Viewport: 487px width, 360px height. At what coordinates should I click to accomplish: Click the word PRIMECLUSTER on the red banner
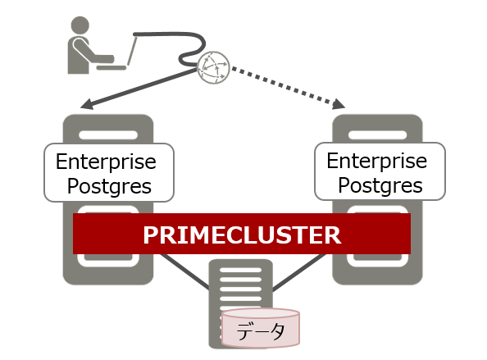(242, 235)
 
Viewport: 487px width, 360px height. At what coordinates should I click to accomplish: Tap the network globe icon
(214, 67)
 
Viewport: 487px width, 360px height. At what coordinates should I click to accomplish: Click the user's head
(80, 25)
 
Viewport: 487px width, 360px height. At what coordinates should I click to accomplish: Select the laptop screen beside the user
(132, 51)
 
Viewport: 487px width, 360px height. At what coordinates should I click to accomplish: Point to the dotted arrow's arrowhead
(339, 104)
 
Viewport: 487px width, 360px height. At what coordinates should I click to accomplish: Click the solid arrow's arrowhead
(87, 104)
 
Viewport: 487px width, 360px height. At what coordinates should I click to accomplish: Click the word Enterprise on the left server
(106, 162)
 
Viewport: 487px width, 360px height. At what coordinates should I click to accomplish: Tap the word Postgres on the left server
(109, 186)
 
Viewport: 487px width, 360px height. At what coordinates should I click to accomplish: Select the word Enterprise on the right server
(377, 161)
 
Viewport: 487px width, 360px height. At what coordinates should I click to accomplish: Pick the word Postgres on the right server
(380, 185)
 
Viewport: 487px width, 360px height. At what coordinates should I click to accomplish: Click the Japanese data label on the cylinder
(260, 331)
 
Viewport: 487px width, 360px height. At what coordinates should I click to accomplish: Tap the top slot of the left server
(108, 135)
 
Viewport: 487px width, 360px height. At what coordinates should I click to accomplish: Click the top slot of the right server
(377, 135)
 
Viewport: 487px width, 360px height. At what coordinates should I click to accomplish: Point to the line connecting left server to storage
(184, 271)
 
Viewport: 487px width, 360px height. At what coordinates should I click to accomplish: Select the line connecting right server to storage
(299, 272)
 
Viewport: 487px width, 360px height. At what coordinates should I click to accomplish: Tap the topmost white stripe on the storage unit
(241, 270)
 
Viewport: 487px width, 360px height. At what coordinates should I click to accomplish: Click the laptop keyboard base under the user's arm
(112, 67)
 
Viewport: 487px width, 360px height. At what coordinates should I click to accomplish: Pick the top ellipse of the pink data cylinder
(261, 314)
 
